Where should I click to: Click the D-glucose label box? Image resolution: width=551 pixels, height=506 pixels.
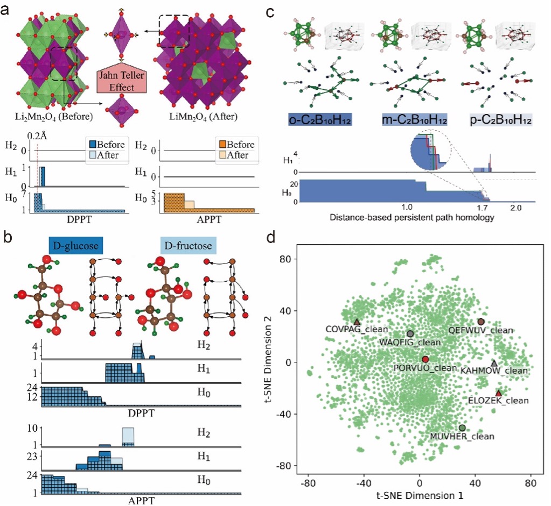[75, 246]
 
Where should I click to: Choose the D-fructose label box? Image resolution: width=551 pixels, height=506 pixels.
[188, 246]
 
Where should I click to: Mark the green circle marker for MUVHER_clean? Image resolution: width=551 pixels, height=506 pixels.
[462, 427]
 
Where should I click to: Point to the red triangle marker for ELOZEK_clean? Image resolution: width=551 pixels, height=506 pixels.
[498, 393]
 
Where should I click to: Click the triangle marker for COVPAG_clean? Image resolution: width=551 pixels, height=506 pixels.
[357, 322]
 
